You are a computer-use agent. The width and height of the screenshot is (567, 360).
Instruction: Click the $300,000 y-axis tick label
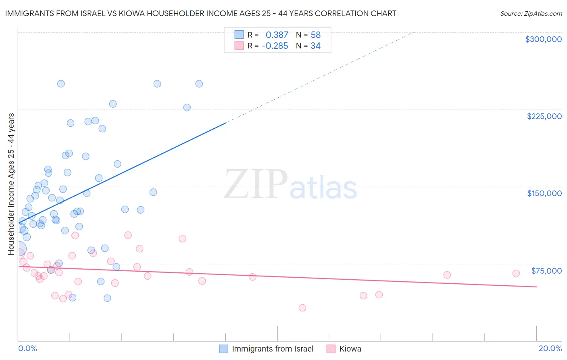click(543, 39)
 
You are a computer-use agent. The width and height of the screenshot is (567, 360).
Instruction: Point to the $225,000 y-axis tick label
click(544, 116)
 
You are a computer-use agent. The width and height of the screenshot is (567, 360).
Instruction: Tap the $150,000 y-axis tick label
click(544, 193)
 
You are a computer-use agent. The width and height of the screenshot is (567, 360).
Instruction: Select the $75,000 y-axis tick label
click(546, 271)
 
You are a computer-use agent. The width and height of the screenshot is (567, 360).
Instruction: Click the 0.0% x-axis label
click(27, 348)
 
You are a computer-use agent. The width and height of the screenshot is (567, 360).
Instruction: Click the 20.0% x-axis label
click(550, 348)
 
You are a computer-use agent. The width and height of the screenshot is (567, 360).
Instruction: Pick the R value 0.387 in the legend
click(277, 35)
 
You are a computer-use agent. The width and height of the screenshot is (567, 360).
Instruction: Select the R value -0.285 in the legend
click(275, 46)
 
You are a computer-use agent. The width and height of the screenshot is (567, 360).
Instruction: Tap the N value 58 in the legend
click(315, 35)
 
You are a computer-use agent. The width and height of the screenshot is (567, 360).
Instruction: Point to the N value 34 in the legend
click(315, 46)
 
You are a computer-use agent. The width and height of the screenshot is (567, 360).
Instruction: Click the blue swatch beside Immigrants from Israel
click(223, 349)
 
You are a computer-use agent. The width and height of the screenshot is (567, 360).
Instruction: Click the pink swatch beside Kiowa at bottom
click(331, 349)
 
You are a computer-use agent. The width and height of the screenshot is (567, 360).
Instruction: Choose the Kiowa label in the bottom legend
click(350, 349)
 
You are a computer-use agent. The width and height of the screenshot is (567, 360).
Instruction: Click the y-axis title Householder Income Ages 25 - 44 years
click(11, 184)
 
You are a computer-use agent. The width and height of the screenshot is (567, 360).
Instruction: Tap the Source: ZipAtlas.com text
click(531, 14)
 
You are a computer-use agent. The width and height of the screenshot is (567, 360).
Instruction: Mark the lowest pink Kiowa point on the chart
click(302, 308)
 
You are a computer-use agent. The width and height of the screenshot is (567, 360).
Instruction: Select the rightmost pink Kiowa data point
click(516, 273)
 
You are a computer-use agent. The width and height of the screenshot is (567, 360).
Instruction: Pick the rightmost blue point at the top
click(199, 84)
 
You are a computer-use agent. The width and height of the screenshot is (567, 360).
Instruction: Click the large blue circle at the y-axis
click(19, 249)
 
